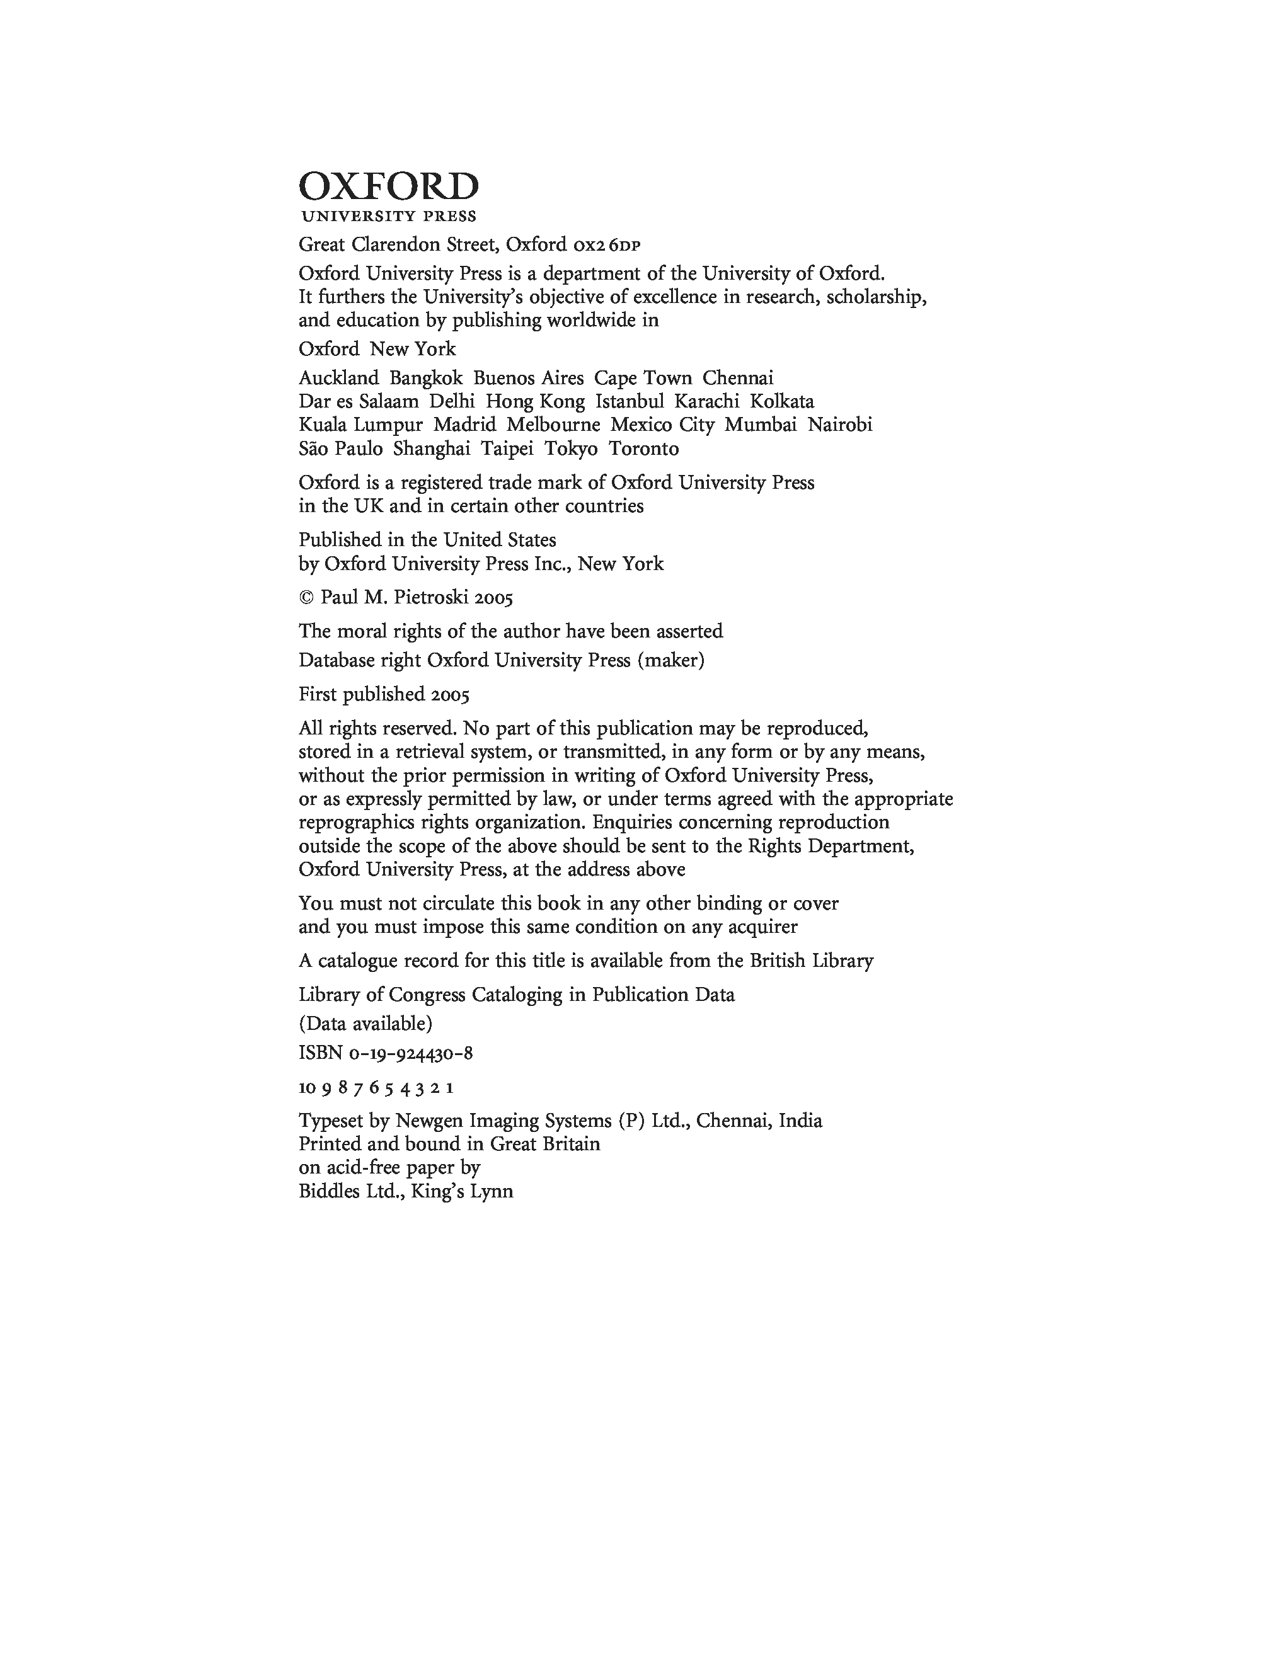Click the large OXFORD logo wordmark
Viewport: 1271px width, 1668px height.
click(x=389, y=186)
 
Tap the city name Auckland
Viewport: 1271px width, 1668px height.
click(x=338, y=378)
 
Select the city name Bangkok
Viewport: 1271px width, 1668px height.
click(x=426, y=378)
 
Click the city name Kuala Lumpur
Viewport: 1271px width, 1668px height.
click(x=360, y=425)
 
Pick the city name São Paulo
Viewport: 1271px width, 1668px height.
click(x=340, y=449)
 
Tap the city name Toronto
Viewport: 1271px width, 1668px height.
click(x=644, y=449)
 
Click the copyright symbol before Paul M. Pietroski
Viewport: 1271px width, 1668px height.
click(x=306, y=598)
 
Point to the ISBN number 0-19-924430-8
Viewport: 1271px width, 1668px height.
click(x=411, y=1053)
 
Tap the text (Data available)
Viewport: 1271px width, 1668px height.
click(x=365, y=1024)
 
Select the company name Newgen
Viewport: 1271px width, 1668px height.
click(x=430, y=1121)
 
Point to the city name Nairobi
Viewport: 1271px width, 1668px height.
click(x=840, y=425)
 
